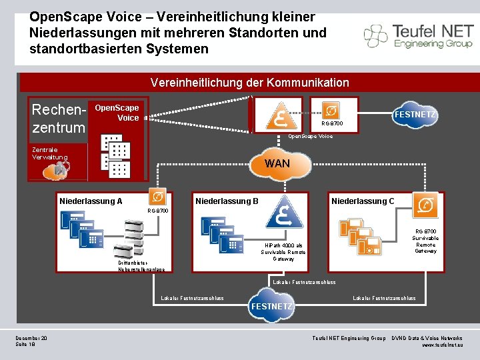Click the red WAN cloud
(277, 164)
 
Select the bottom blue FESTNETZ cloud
(271, 306)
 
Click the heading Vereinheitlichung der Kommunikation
(249, 83)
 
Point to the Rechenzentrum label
(59, 118)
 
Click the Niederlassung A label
(91, 201)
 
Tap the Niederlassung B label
(227, 201)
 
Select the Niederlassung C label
(363, 201)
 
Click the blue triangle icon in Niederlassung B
(285, 212)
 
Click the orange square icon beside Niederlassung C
(425, 205)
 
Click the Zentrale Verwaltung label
(50, 153)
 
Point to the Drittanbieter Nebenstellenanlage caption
(141, 266)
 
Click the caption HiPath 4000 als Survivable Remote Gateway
(283, 252)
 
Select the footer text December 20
(31, 339)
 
